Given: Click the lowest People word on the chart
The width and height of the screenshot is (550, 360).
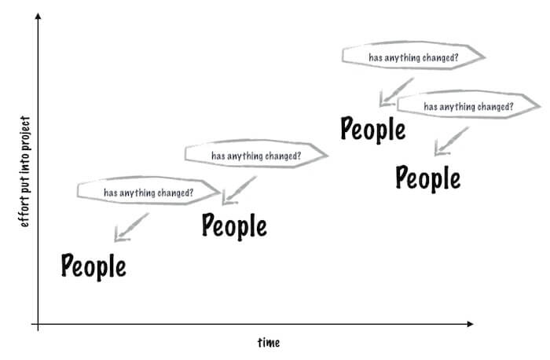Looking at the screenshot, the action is [93, 266].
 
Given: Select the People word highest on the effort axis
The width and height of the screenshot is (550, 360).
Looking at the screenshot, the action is [373, 129].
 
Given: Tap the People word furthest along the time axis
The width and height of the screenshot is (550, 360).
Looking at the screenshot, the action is [428, 178].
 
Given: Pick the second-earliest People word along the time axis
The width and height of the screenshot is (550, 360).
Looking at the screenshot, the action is [234, 226].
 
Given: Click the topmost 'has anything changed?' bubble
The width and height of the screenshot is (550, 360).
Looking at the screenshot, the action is [413, 56].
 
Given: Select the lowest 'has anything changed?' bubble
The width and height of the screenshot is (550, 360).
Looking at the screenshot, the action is [148, 191].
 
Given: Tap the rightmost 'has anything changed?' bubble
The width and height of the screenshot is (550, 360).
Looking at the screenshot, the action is [468, 105].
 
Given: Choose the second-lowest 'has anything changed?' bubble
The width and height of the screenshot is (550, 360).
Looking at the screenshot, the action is [256, 154].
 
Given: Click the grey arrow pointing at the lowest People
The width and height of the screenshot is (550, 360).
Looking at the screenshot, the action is [131, 227].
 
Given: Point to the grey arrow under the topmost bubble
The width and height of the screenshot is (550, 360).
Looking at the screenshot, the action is [397, 92].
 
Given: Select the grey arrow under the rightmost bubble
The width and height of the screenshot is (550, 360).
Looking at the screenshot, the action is [452, 141].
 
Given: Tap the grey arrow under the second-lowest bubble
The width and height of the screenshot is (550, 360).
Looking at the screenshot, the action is [240, 190].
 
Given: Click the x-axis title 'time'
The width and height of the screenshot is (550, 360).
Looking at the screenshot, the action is [269, 343].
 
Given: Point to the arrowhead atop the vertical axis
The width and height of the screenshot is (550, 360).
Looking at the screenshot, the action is [38, 16].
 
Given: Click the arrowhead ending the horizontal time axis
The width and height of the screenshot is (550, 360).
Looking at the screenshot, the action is [471, 324].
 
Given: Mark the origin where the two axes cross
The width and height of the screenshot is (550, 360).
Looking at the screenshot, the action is [38, 324].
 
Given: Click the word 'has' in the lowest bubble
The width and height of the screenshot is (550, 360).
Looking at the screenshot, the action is [111, 193].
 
